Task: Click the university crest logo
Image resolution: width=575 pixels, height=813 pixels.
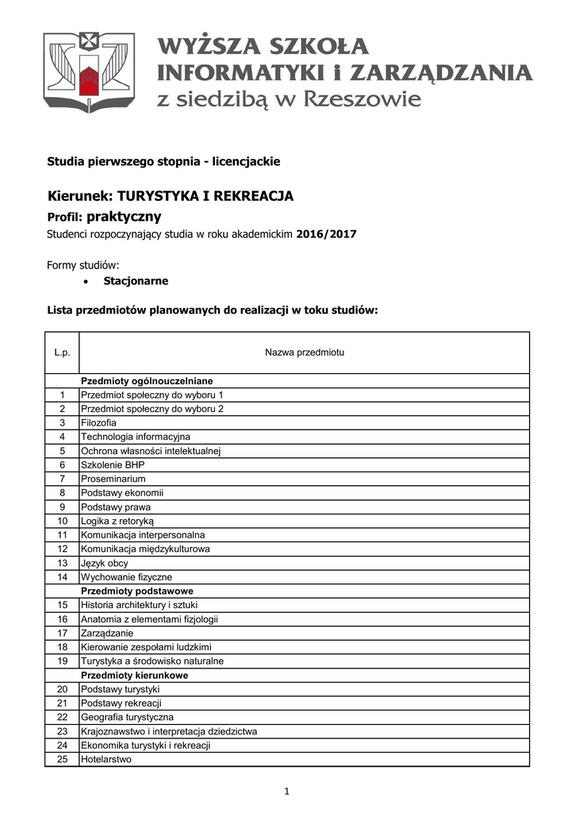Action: click(x=89, y=73)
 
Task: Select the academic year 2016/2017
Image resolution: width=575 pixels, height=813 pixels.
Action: click(x=327, y=234)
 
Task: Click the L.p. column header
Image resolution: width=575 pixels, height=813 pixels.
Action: click(x=62, y=353)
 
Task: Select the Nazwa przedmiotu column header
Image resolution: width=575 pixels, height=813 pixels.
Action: click(x=305, y=353)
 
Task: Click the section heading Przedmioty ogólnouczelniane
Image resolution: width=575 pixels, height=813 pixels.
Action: click(x=147, y=381)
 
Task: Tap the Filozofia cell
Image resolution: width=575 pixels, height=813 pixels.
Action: click(x=98, y=423)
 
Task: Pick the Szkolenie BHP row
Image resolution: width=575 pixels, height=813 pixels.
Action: click(x=113, y=465)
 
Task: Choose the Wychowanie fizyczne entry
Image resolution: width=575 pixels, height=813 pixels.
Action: click(x=127, y=577)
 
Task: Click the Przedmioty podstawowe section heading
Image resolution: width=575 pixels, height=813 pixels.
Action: click(x=137, y=591)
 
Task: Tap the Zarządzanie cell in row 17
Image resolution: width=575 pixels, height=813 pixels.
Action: click(x=107, y=634)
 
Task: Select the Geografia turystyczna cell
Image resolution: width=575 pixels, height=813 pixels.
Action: click(x=127, y=718)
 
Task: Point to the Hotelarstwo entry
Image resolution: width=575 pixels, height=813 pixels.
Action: click(x=106, y=760)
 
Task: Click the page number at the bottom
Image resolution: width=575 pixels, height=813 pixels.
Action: click(x=287, y=792)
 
